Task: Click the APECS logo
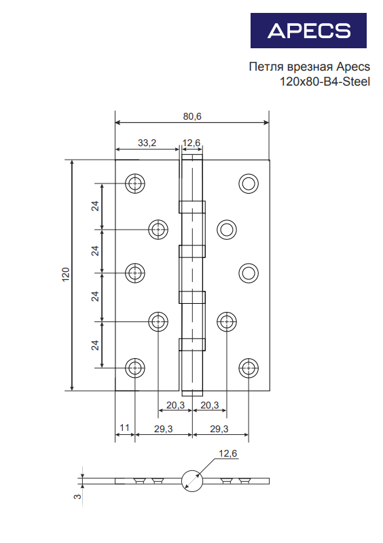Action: tap(308, 31)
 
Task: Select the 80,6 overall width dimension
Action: tap(192, 116)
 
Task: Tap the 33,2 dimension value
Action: tap(147, 143)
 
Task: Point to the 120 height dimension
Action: tap(66, 275)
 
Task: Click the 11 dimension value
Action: tap(124, 427)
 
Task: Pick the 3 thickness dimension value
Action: tap(78, 496)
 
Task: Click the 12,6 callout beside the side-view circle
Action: tap(227, 453)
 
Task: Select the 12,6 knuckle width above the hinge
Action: tap(191, 143)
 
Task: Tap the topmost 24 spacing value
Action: tap(95, 206)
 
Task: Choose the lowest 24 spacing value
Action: tap(95, 345)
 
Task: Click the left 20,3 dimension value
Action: tap(175, 405)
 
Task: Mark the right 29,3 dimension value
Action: tap(219, 429)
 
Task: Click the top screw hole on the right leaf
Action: tap(249, 183)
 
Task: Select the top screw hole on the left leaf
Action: tap(134, 183)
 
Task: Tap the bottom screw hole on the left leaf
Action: tap(134, 368)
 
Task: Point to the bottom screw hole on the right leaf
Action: tap(249, 368)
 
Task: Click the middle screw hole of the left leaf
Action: tap(134, 273)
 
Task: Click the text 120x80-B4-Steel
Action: tap(325, 82)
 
